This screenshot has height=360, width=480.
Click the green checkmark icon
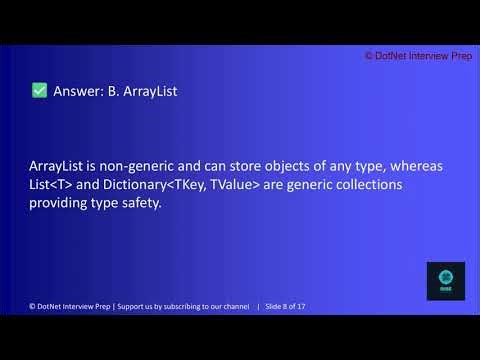(40, 91)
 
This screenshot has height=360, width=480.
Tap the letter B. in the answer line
(113, 91)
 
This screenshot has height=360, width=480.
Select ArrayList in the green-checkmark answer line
(150, 91)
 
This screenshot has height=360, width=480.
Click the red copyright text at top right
(418, 57)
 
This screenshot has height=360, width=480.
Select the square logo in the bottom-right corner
(445, 281)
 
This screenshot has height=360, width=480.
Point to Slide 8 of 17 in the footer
(287, 304)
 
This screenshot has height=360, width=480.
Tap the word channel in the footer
(236, 304)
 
